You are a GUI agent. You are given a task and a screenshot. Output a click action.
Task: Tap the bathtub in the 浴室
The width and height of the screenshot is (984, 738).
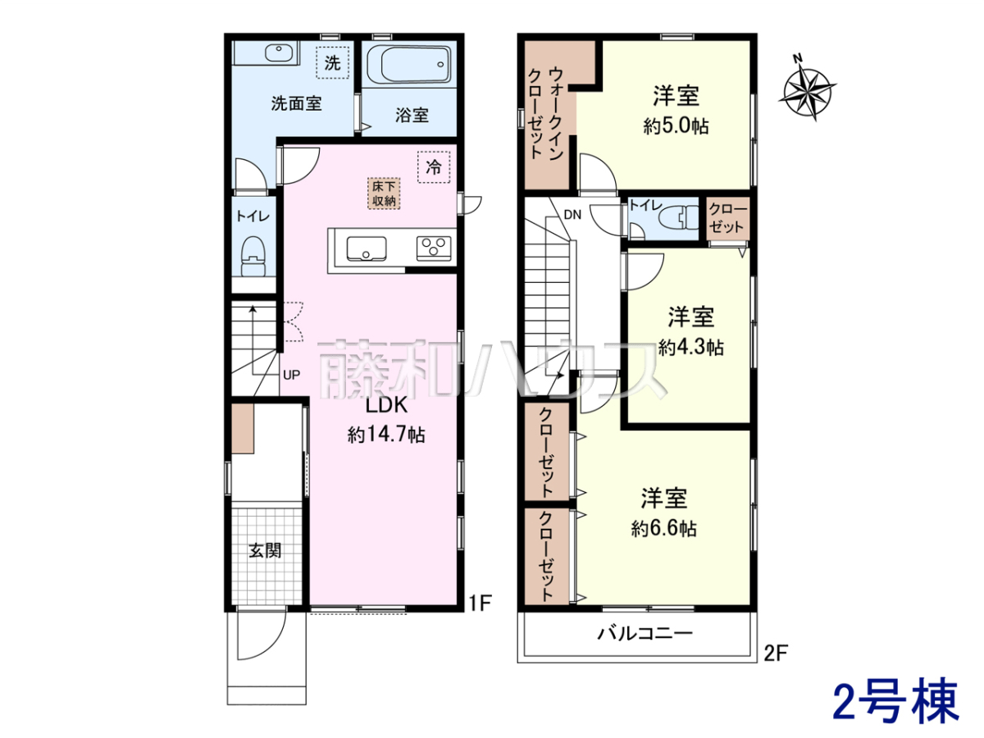tap(409, 65)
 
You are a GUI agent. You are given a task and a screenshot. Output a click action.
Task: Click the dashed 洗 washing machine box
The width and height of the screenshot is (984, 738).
tap(332, 63)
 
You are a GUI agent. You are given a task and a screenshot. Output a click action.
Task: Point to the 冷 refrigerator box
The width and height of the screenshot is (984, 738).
tap(434, 167)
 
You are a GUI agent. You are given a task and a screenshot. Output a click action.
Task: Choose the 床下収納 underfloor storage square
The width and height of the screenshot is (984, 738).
tap(385, 194)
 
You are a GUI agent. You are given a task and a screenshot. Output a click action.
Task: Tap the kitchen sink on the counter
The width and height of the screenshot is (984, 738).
tap(367, 248)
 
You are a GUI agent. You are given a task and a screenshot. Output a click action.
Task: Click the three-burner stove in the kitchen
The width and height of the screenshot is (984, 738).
tap(434, 248)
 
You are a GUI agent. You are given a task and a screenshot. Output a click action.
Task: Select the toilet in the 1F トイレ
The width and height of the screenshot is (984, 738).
tap(253, 257)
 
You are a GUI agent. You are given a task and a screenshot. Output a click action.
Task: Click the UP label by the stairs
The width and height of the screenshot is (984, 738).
tap(291, 375)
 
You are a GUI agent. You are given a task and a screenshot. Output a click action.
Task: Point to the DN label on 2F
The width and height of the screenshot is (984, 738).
tap(572, 215)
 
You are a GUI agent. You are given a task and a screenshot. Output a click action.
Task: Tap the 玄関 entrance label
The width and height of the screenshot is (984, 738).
tap(265, 551)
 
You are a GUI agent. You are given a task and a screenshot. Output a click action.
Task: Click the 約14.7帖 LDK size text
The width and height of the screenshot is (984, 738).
tap(386, 435)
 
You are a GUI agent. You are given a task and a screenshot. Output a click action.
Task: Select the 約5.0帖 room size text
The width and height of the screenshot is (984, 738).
tap(676, 126)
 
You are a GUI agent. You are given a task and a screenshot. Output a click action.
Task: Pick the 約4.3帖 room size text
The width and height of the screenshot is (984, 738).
tap(690, 347)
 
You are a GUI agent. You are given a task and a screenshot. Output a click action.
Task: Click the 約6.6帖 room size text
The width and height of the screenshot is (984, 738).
tap(664, 529)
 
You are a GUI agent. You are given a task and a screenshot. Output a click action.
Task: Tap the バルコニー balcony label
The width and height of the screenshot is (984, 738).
tap(645, 633)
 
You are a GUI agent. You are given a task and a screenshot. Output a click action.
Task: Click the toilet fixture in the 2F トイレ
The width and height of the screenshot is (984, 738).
tap(679, 217)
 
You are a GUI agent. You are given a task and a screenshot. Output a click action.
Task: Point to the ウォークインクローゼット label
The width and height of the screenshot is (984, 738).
tap(545, 114)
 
